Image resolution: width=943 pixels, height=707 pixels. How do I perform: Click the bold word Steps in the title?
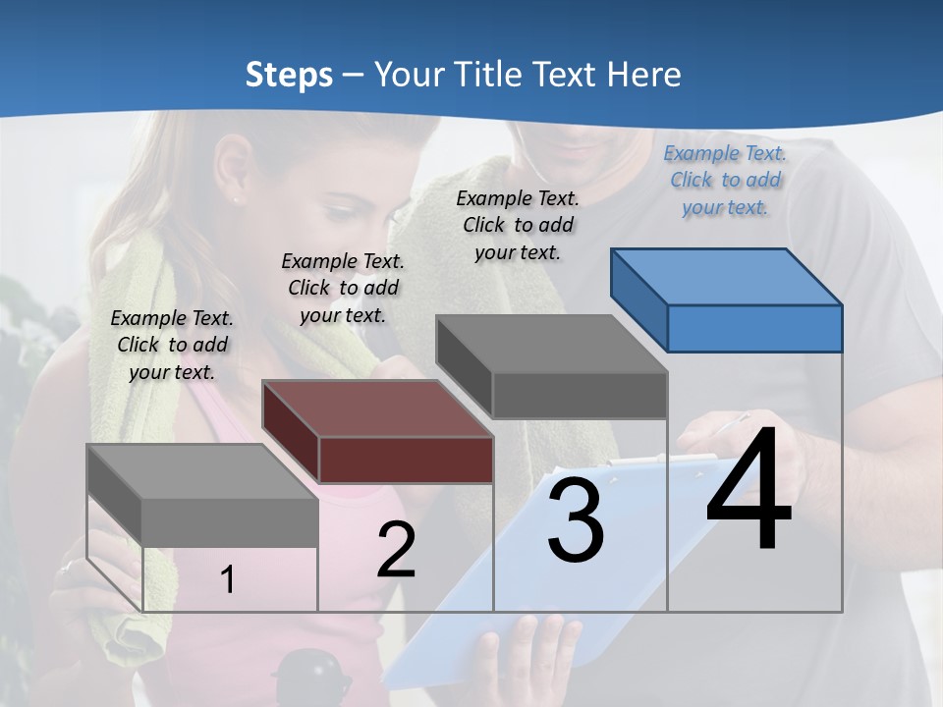click(x=288, y=75)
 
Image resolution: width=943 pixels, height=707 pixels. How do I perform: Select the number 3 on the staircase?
click(x=576, y=520)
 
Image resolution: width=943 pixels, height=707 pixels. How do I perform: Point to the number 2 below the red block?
click(x=396, y=550)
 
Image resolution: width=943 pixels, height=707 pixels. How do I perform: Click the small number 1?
click(x=228, y=579)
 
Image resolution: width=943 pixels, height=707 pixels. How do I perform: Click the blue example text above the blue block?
click(x=725, y=180)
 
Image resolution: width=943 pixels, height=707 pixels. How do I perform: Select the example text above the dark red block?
click(x=343, y=288)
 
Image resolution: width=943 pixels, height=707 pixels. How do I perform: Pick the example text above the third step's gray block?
click(x=518, y=225)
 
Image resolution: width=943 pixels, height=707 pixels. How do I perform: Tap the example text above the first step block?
click(x=172, y=345)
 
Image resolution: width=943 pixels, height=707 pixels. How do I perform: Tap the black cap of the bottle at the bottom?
click(x=311, y=675)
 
